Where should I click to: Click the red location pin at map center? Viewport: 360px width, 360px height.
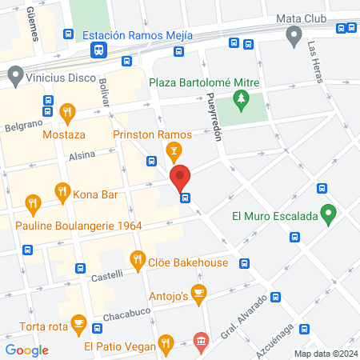(x=181, y=178)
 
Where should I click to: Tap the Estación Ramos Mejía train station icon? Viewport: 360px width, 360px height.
(x=98, y=50)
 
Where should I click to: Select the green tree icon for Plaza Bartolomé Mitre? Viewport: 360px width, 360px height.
(x=239, y=99)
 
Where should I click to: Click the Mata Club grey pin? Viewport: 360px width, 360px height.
(x=294, y=34)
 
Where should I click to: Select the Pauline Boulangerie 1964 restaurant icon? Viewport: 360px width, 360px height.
(x=33, y=203)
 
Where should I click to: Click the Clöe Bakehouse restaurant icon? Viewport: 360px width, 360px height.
(x=137, y=259)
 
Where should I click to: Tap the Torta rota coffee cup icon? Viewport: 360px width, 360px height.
(x=78, y=322)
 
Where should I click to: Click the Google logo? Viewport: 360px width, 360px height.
(x=27, y=350)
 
